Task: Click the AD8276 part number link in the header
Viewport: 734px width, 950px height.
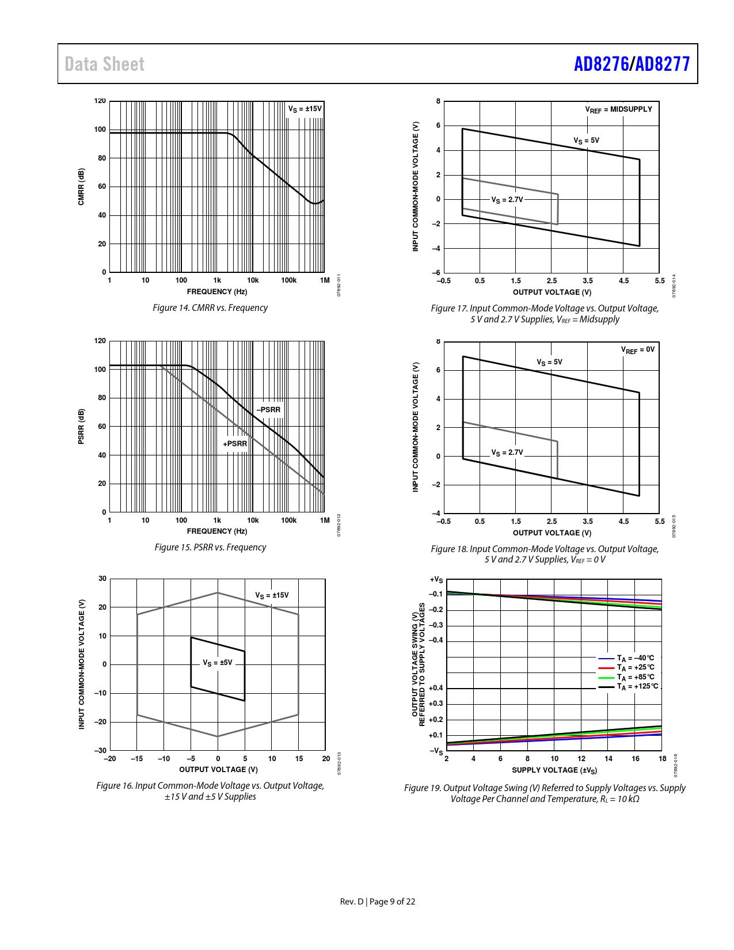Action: click(601, 64)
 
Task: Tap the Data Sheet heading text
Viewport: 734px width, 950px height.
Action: click(104, 64)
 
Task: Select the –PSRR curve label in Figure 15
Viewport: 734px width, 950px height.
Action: click(269, 410)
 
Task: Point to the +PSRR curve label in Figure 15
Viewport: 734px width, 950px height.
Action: click(235, 444)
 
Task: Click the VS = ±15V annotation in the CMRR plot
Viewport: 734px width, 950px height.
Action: click(305, 109)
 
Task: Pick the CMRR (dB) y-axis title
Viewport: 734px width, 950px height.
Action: click(81, 187)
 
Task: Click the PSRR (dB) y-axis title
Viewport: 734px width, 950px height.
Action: click(81, 427)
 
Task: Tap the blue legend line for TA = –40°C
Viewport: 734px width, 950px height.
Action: click(607, 658)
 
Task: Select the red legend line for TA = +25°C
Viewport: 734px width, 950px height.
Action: click(607, 668)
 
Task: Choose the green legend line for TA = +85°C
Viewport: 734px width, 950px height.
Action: click(607, 678)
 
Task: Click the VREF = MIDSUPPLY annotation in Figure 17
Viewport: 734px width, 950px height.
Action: click(619, 109)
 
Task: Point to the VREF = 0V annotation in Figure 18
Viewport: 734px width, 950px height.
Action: click(637, 350)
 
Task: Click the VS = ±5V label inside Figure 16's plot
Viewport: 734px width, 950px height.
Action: click(218, 663)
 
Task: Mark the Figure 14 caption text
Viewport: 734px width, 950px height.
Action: click(210, 308)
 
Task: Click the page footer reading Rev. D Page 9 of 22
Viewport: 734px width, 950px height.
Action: click(378, 902)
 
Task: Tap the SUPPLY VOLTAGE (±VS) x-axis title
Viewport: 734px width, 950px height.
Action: click(554, 770)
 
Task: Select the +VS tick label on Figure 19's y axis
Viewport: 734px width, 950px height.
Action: click(436, 580)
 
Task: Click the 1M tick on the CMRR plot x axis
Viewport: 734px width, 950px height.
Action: click(325, 280)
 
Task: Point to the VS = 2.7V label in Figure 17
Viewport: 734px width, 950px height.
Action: click(507, 200)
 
